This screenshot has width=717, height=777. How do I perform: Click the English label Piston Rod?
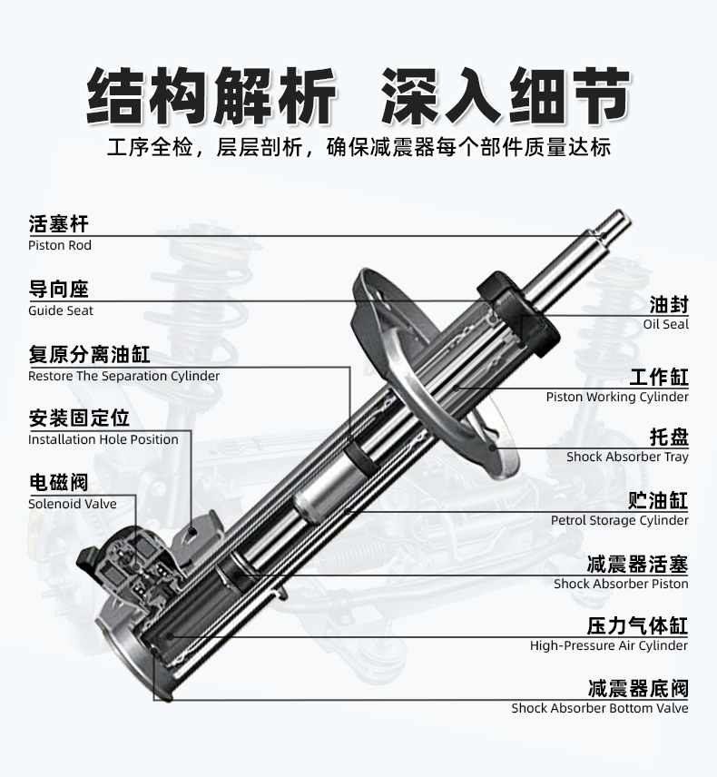coord(60,245)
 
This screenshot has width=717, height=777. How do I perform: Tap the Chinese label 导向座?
coord(59,290)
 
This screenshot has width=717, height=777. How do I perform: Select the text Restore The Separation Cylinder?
coord(123,376)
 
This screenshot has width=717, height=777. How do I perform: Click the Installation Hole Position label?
coord(103,439)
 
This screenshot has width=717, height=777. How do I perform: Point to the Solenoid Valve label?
coord(73,504)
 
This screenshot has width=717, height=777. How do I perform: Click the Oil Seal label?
coord(666,324)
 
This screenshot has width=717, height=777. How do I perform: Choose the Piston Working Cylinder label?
coord(617,397)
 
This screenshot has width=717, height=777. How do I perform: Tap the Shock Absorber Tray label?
coord(627,457)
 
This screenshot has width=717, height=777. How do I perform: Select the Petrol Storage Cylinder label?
coord(620,520)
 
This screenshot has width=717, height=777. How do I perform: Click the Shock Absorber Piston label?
coord(621,584)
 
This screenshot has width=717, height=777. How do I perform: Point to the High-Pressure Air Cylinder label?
coord(609,645)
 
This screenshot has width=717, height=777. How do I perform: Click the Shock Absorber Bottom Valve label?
coord(600,708)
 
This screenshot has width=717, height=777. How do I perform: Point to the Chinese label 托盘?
coord(669,437)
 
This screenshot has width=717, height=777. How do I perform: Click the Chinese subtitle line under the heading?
coord(358,148)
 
